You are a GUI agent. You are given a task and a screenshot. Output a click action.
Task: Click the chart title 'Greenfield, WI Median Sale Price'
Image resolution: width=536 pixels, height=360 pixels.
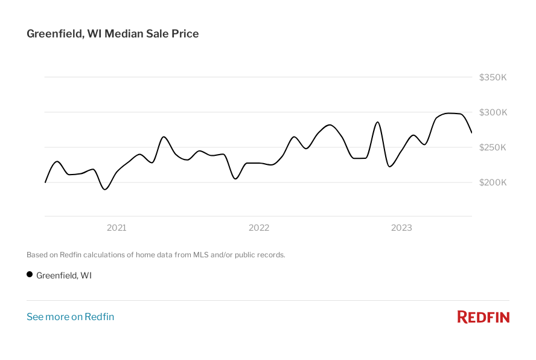tap(113, 34)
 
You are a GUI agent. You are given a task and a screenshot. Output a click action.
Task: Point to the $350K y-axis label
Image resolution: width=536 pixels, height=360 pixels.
tap(493, 77)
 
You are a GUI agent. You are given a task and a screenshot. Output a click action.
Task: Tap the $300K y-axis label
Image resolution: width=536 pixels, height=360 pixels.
tap(493, 112)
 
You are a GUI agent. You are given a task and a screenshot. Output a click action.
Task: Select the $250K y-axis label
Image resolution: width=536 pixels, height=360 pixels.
tap(493, 147)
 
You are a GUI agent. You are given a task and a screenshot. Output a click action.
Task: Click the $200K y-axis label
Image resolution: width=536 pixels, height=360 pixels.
tap(493, 182)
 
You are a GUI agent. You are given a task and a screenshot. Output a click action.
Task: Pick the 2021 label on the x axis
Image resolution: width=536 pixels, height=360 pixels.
tap(116, 228)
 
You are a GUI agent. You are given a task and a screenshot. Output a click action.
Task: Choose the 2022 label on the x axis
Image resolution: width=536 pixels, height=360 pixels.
tap(259, 228)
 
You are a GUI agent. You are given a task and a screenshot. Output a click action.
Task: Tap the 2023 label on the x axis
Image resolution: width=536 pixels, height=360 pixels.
tap(401, 228)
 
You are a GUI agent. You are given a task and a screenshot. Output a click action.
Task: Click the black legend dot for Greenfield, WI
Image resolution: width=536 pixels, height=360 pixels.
tap(30, 275)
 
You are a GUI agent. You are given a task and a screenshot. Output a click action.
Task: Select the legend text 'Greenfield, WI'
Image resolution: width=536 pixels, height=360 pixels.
tap(64, 275)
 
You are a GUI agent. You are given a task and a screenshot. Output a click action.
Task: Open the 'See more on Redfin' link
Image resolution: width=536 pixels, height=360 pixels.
tap(70, 317)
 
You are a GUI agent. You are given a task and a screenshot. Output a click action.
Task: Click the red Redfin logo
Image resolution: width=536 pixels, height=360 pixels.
tap(483, 317)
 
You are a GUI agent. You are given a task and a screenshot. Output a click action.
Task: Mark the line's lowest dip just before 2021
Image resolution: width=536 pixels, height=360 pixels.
tap(106, 189)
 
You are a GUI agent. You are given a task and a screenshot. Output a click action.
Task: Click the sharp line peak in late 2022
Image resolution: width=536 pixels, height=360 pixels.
tap(377, 122)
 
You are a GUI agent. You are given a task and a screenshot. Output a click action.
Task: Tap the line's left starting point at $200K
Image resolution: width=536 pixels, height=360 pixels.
tap(45, 182)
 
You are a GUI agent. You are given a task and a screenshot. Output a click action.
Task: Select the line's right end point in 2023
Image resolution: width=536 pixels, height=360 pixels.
tap(471, 132)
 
